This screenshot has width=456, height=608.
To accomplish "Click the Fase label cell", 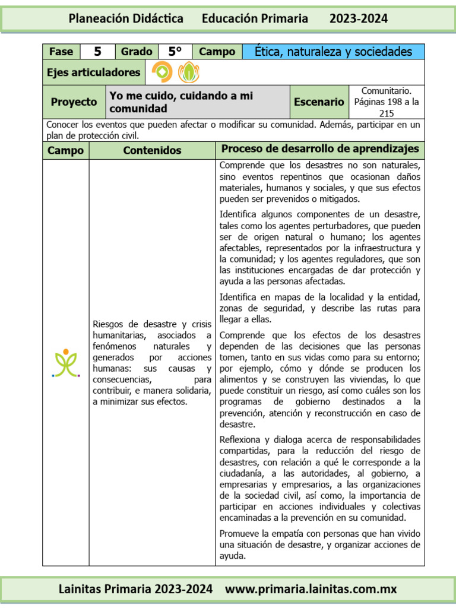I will point(61,52).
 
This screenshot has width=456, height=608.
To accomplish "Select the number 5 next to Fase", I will point(97,52).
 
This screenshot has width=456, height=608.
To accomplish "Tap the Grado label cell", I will point(137,52).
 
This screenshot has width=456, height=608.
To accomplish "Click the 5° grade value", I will point(175,52).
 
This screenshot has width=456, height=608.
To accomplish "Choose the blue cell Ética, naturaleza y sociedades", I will point(333,52).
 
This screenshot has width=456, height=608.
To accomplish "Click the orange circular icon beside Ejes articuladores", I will point(162,72).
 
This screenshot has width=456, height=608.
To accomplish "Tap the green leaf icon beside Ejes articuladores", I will point(189,72).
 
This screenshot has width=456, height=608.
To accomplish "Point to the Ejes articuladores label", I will point(94,72).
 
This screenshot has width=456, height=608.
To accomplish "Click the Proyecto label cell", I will point(74,102).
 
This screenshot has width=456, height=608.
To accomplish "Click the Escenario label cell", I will point(319,102).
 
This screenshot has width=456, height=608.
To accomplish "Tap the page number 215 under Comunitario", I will point(387,113).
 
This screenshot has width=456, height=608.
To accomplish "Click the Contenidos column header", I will point(152,150).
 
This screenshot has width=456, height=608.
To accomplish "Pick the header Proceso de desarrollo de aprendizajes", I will point(319,149).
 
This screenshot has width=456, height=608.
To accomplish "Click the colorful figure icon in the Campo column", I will point(65,362).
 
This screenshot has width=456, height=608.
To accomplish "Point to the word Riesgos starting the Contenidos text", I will point(109,324).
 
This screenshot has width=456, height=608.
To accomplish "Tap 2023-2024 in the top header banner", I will point(359,18).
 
